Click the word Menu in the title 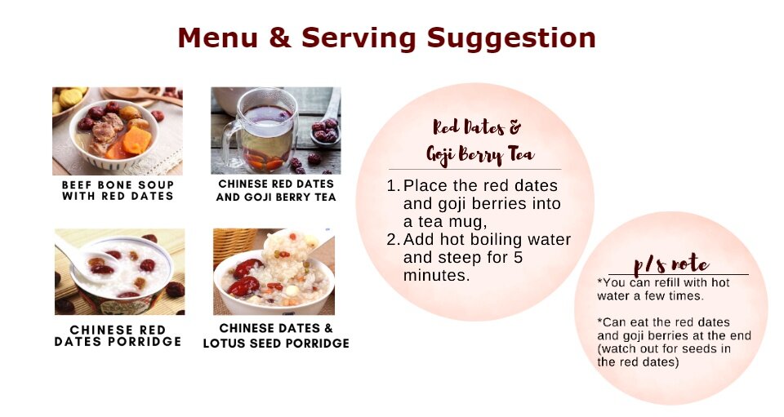[218, 38]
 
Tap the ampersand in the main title [280, 38]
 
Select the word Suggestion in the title [511, 38]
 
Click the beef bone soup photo [118, 131]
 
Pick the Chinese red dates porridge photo [119, 272]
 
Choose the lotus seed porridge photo [274, 272]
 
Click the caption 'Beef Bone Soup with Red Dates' [118, 190]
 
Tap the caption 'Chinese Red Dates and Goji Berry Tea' [276, 190]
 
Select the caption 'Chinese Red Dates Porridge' [118, 335]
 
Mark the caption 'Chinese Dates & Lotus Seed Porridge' [276, 335]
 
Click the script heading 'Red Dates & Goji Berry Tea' [479, 141]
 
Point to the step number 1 [393, 186]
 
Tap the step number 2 [393, 240]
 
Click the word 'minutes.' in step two [436, 276]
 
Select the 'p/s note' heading [671, 264]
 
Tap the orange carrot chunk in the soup [136, 140]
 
